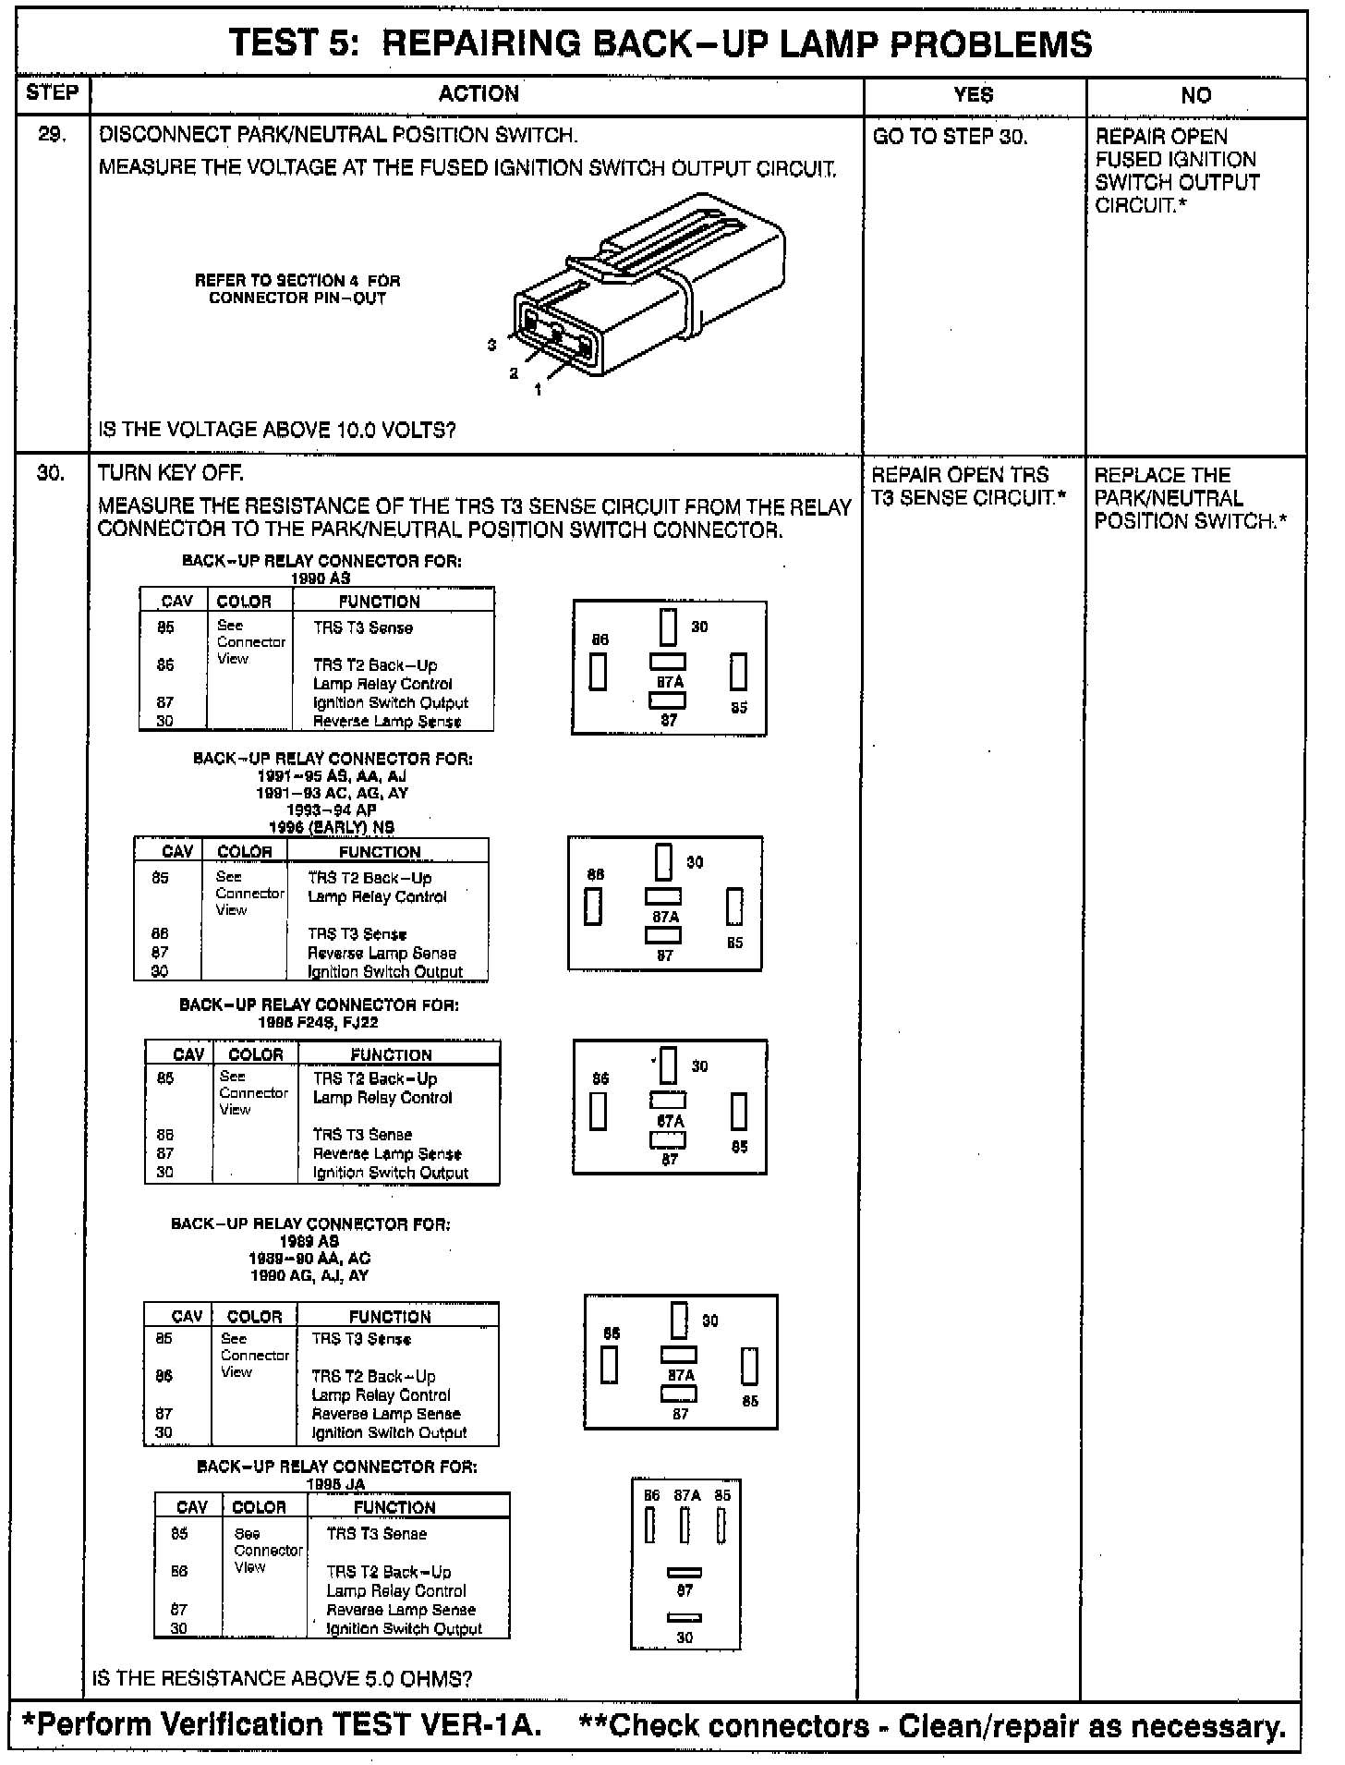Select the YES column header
[973, 94]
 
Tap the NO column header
[1195, 95]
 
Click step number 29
[52, 135]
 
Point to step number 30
[51, 473]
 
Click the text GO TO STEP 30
[950, 137]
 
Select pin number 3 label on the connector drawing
[492, 345]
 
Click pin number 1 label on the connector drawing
[538, 390]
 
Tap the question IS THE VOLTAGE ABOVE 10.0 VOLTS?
[277, 430]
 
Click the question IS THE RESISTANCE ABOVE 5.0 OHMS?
[283, 1678]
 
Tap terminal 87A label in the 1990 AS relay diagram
[670, 682]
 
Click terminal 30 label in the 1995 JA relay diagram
[685, 1637]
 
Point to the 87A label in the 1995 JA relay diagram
[686, 1495]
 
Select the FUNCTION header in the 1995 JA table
[394, 1507]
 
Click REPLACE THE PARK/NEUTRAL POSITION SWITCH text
[1190, 498]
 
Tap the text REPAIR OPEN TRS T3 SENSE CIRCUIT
[968, 487]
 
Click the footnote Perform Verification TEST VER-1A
[281, 1725]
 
